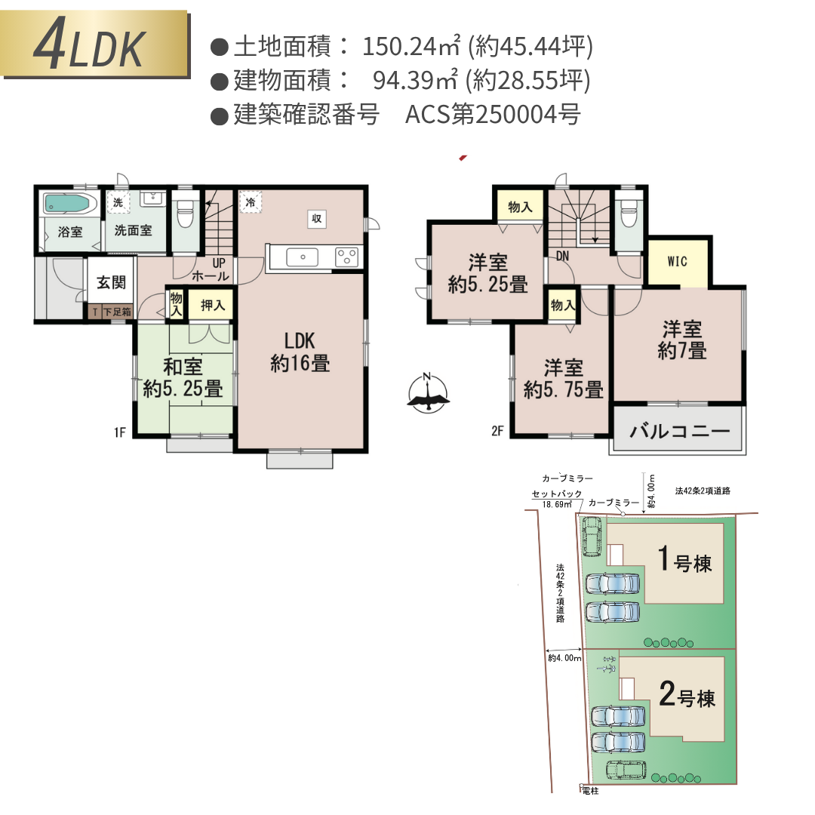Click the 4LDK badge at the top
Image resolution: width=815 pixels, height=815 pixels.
pos(94,45)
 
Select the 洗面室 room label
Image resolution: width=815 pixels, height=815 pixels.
pos(134,232)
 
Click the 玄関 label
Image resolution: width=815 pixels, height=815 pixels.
pos(111,283)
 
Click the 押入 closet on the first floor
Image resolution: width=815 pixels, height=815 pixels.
pos(212,306)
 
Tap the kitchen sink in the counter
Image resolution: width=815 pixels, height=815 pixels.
pos(302,257)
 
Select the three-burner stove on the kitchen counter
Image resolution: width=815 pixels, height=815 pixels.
pos(346,257)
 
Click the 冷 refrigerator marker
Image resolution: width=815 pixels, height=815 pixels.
pos(251,201)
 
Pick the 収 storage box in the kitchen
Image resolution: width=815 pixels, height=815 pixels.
pos(316,219)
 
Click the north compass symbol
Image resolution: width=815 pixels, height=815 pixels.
pos(428,393)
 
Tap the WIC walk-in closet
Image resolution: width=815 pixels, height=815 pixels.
pos(678,262)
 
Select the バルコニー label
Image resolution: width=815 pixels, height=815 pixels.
pos(679,432)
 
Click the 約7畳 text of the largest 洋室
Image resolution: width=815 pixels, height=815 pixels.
pos(682,351)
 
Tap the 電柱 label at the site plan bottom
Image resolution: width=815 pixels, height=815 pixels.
pos(591,790)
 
